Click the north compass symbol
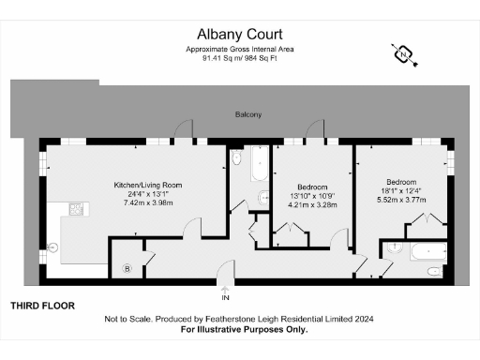pos(403,54)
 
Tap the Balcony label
pos(248,114)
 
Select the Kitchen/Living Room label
pos(148,185)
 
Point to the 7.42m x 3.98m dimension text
pos(148,203)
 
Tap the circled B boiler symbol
pos(127,269)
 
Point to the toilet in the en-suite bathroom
pos(432,271)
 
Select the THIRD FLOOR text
pos(42,306)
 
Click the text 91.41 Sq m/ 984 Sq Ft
pos(241,57)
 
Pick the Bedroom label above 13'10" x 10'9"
pos(311,186)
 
